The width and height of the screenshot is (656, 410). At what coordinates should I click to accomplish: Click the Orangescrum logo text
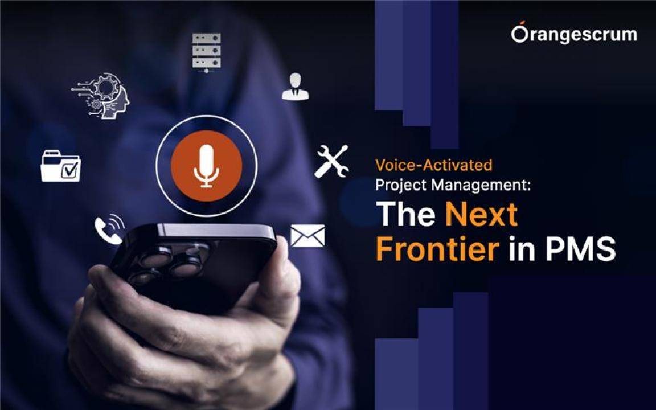[x=574, y=34]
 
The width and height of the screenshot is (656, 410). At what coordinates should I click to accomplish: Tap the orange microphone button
[x=206, y=166]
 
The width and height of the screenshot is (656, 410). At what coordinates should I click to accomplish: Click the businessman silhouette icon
[x=296, y=86]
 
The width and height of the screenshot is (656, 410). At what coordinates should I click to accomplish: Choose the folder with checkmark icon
[x=61, y=166]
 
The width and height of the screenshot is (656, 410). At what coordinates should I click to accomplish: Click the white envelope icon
[x=307, y=236]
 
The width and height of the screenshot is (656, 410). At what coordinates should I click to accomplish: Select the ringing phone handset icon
[x=109, y=229]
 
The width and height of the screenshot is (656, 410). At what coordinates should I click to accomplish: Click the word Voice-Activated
[x=433, y=165]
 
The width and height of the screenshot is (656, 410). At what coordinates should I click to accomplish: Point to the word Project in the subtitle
[x=401, y=185]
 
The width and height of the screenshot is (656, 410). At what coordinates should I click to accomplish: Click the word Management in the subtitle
[x=481, y=184]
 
